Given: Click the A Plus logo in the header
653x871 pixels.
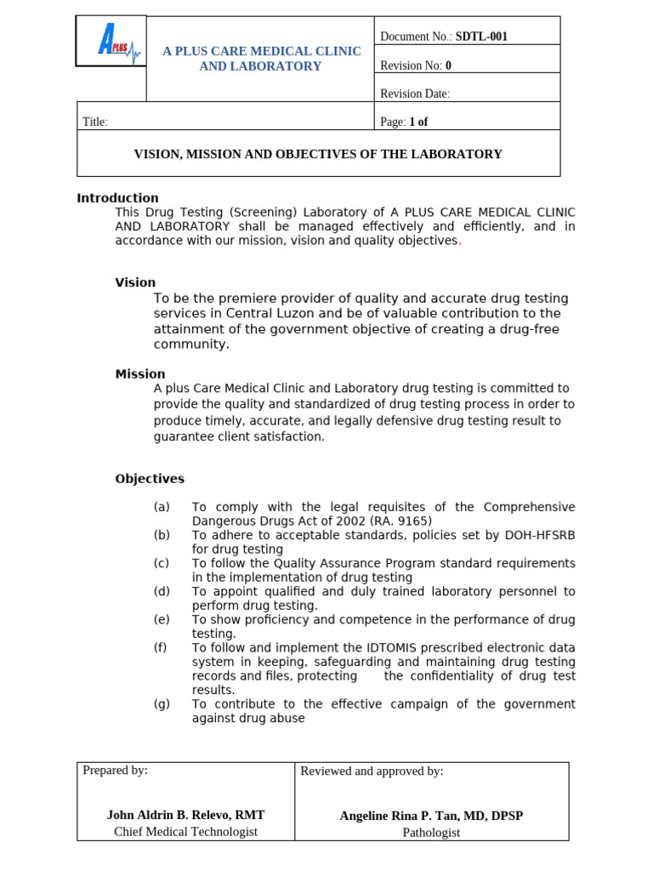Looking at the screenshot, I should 111,41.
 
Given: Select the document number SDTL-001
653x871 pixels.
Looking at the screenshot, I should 481,37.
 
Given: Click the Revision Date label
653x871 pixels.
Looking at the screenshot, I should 415,94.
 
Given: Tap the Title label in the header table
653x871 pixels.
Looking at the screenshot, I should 95,122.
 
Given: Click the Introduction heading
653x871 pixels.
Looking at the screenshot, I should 117,198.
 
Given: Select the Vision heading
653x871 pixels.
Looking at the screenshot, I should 135,283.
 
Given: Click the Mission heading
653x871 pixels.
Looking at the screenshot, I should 140,374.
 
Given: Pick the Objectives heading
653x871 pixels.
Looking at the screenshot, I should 150,479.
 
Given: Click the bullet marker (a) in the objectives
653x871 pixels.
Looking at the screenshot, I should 162,507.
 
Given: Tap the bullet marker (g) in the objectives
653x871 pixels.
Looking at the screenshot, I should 162,704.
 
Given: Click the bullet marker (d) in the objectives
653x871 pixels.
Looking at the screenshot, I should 162,591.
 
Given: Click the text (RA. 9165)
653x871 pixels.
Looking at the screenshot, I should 400,521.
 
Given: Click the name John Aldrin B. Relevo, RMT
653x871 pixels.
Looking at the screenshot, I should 185,815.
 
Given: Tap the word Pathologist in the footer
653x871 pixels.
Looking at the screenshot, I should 431,833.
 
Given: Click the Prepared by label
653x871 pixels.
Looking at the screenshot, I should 115,771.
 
